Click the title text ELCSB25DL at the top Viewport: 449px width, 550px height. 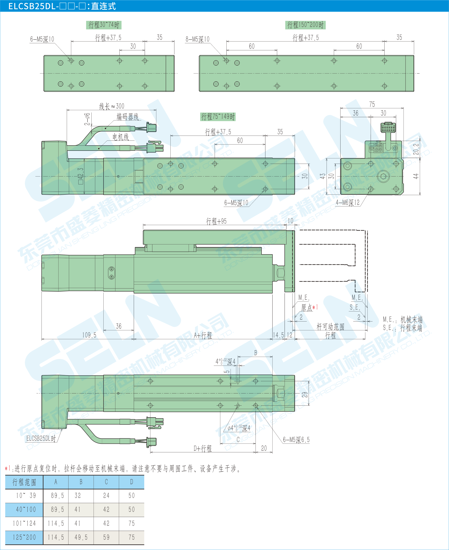point(32,6)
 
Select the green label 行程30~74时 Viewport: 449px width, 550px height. point(104,25)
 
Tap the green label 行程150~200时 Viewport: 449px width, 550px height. point(305,25)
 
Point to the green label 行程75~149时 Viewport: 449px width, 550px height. point(218,117)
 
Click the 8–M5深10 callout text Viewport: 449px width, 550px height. point(198,39)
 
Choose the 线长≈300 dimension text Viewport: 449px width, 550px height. point(112,106)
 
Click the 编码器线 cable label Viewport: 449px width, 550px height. point(128,117)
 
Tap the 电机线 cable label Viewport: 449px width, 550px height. point(120,137)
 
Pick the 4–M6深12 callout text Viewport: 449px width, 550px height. point(348,202)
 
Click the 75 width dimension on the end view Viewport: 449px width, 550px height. point(372,104)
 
